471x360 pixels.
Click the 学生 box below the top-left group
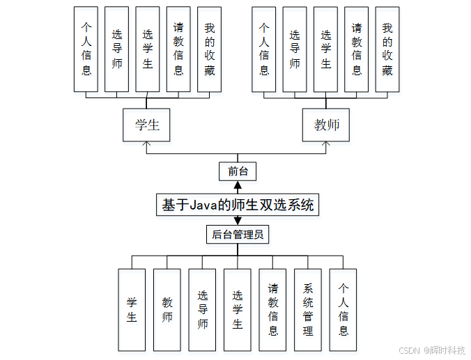click(x=146, y=125)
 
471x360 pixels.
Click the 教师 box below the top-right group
click(x=326, y=125)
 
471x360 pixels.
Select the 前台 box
click(x=238, y=171)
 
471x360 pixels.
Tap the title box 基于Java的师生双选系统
click(x=238, y=205)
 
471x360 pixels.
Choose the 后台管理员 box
click(x=238, y=234)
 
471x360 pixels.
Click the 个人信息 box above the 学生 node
click(x=86, y=49)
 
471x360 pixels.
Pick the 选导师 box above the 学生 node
click(x=116, y=49)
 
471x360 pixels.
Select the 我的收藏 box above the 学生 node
click(x=209, y=49)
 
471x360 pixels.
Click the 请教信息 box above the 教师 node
click(x=356, y=49)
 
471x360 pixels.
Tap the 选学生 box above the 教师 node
click(x=325, y=49)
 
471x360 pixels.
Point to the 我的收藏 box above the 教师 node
click(x=387, y=49)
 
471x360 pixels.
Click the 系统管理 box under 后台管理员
click(x=308, y=309)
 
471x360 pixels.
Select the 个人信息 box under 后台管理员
click(x=343, y=309)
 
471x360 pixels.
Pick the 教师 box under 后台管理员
click(x=167, y=309)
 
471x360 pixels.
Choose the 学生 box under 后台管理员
click(x=132, y=309)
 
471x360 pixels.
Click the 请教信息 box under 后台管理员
click(x=272, y=309)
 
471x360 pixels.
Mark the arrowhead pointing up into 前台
click(x=238, y=185)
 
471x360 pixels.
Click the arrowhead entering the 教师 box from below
click(x=326, y=145)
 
